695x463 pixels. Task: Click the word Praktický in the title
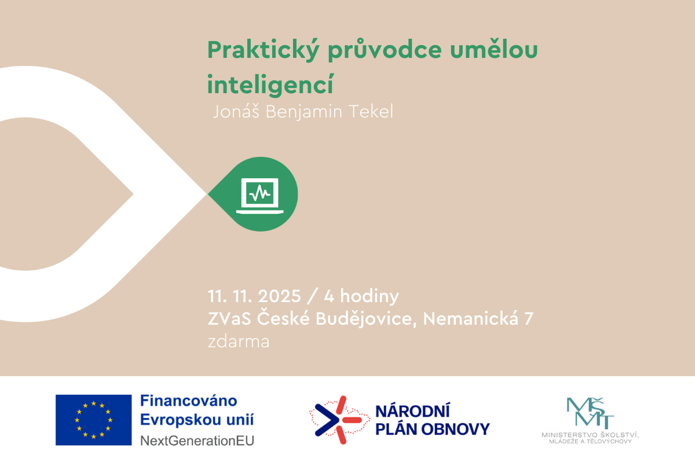click(x=263, y=50)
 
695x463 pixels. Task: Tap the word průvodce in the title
click(x=385, y=50)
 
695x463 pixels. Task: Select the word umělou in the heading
click(x=494, y=49)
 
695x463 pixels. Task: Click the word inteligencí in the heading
click(x=270, y=84)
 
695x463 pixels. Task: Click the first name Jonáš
click(x=236, y=112)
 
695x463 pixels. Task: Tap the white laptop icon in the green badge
click(x=260, y=196)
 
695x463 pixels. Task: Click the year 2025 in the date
click(x=280, y=296)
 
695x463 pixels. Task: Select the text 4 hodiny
click(x=361, y=296)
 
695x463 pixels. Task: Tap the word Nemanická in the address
click(x=471, y=318)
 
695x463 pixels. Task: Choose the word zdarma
click(x=239, y=341)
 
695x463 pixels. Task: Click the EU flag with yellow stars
click(x=93, y=420)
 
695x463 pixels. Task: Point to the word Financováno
click(x=189, y=400)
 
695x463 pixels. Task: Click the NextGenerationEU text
click(x=197, y=440)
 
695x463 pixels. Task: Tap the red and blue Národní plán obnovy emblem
click(x=339, y=420)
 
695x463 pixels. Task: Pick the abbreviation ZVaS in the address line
click(x=229, y=319)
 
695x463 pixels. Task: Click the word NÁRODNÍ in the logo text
click(x=412, y=411)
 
